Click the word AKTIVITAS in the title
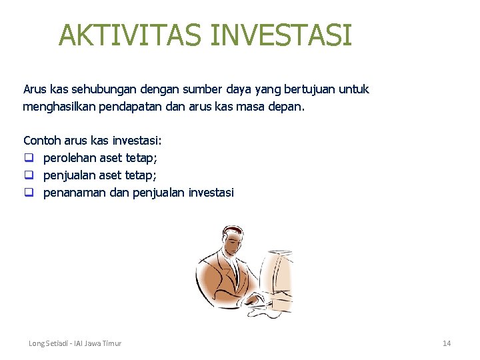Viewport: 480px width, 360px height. tap(131, 35)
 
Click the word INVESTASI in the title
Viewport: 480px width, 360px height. tap(281, 35)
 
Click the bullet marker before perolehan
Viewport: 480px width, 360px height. tap(29, 158)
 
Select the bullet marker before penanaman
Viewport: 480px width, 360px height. tap(29, 193)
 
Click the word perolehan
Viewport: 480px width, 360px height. tap(69, 158)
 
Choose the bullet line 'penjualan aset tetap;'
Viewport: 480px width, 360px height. tap(99, 175)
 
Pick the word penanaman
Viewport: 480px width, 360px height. tap(73, 193)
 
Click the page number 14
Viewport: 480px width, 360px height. tap(447, 343)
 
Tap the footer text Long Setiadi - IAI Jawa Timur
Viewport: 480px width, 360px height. tap(75, 343)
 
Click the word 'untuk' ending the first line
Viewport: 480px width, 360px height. tap(355, 89)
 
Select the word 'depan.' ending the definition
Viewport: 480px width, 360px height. tap(286, 107)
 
